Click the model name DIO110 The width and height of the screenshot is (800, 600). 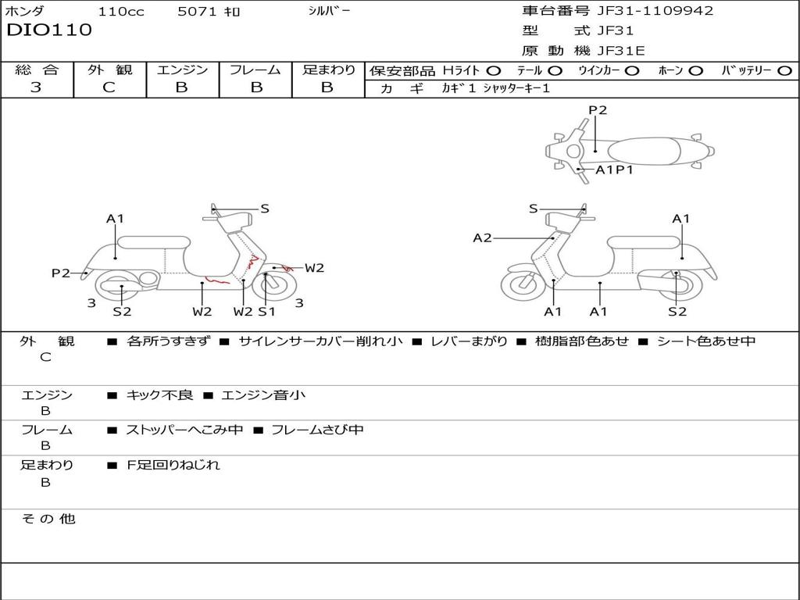pos(48,30)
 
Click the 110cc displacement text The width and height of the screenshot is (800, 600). pos(122,12)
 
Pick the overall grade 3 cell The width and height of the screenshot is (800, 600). pos(36,87)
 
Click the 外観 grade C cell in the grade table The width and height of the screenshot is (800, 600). pos(109,87)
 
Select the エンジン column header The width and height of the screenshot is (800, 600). pos(182,70)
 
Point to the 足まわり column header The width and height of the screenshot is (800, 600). pos(328,70)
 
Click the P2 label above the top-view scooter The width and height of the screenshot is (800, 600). pos(598,110)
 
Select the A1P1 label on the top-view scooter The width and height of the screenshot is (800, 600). pos(614,170)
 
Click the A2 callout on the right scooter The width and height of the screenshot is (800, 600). pos(483,238)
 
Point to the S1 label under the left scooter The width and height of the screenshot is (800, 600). pos(266,312)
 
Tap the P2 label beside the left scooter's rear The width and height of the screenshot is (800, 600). pos(61,273)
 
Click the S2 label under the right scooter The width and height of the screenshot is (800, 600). pos(677,312)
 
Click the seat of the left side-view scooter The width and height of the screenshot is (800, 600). pos(153,241)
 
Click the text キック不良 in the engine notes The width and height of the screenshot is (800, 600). pos(159,395)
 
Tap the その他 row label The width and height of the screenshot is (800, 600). pos(48,519)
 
